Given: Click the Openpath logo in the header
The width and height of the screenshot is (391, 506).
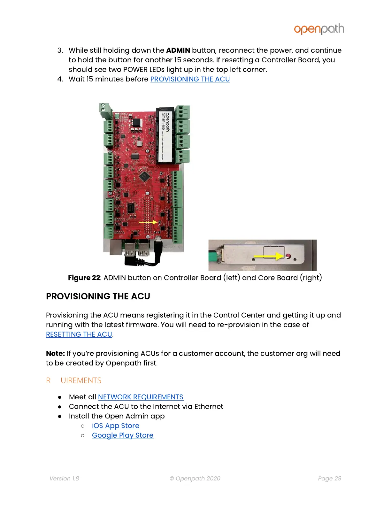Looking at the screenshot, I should coord(319,29).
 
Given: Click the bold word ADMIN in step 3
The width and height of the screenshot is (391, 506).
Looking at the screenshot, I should coord(178,50).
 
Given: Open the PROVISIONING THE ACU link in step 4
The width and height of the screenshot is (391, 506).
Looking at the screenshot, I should coord(190,79).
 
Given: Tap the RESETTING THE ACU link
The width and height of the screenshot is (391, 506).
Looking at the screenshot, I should coord(79,334).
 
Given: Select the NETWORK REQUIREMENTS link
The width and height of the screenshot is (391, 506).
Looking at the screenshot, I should coord(141,397).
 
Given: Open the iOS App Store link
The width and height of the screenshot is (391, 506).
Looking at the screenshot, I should coord(116,426).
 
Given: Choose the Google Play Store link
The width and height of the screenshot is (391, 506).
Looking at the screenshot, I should coord(123,435).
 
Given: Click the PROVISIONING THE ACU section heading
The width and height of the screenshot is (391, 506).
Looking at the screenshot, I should coord(98,296).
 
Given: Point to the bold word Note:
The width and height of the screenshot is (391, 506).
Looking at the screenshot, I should coord(55,354).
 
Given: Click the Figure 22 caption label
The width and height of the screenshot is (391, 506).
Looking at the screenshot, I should coord(84,278).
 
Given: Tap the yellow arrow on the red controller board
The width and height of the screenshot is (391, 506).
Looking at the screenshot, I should coord(148,222).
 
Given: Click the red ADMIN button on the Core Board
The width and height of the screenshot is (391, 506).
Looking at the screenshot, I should coord(288,256).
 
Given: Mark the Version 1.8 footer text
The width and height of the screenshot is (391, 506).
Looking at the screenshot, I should coord(64,479).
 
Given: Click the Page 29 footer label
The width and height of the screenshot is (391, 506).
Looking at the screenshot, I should coord(329,479).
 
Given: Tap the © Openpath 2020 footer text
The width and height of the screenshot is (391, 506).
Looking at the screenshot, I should coord(195,479).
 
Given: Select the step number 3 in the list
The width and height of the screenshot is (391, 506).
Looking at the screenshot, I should coord(60,50).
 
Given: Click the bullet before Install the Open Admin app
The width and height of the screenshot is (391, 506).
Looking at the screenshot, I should coord(60,417).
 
